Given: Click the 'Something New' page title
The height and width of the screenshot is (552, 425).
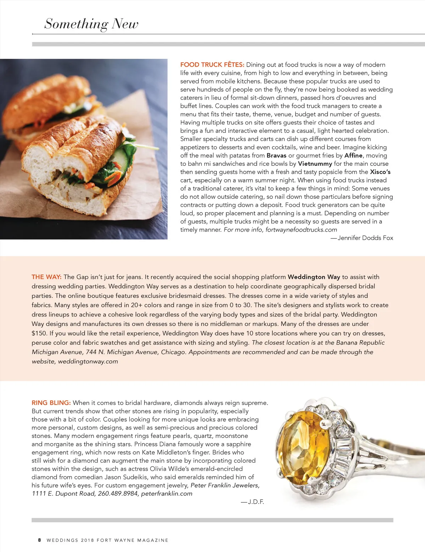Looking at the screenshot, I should click(91, 24).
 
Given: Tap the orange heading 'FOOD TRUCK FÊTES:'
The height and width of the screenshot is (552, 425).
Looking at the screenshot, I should click(212, 65).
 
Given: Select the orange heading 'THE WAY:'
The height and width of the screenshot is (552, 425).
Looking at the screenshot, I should click(46, 277).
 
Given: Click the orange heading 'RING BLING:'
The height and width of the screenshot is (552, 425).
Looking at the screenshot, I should click(51, 403).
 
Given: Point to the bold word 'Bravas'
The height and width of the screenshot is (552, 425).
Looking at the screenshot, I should click(276, 156).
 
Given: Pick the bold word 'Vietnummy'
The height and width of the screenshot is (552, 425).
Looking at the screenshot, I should click(315, 164).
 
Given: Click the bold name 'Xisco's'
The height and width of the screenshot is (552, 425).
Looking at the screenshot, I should click(380, 172).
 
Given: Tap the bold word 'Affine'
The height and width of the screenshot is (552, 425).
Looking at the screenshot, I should click(353, 156).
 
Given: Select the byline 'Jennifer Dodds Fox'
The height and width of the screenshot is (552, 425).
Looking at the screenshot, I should click(365, 238).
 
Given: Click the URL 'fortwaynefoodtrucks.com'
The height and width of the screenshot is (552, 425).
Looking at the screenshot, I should click(301, 230).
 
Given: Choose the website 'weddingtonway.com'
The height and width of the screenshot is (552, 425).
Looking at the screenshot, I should click(88, 362).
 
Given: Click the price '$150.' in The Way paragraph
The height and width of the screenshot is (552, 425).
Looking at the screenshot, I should click(39, 333).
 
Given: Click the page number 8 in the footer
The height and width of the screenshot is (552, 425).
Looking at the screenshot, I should click(40, 540).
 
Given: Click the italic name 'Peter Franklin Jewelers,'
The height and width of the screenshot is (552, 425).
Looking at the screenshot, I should click(225, 485).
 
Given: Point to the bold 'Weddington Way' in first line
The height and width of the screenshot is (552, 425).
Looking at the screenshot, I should click(313, 277).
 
